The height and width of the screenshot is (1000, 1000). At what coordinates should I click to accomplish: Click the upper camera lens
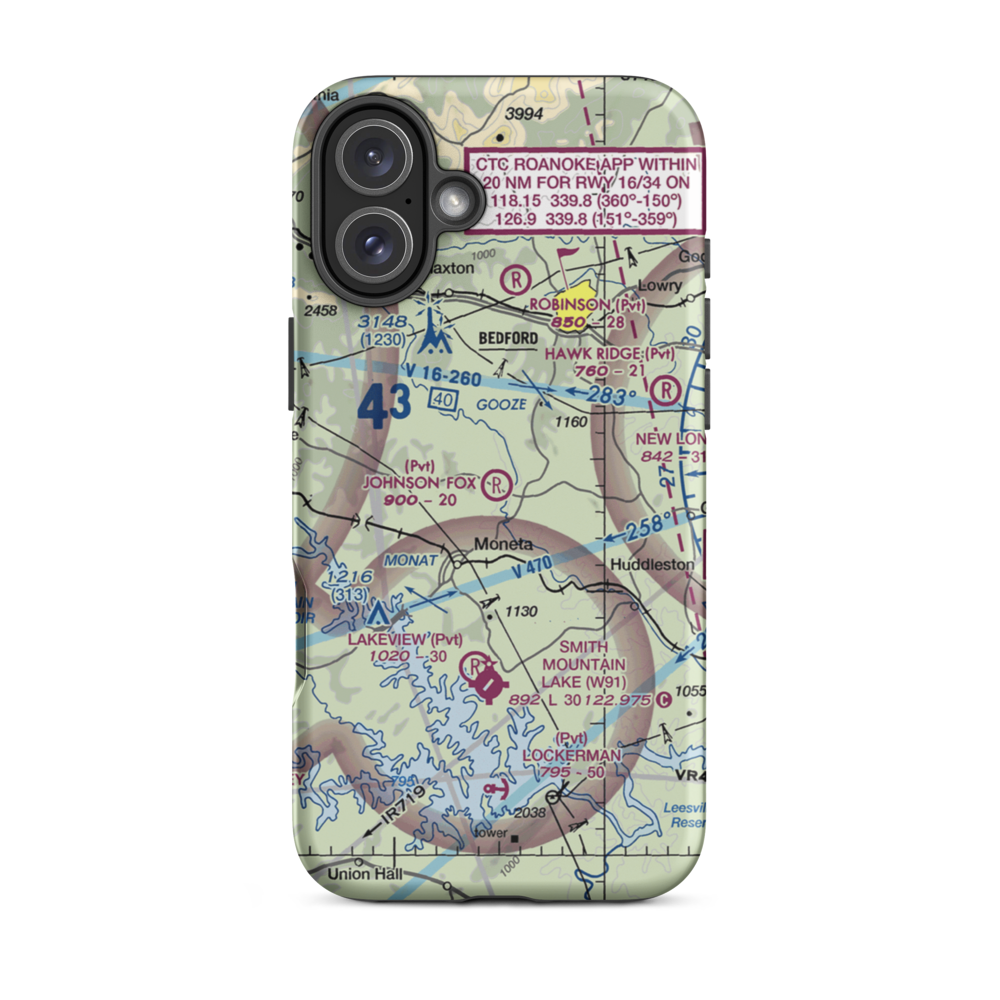(371, 159)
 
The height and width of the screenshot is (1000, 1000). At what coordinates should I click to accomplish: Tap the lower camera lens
(371, 245)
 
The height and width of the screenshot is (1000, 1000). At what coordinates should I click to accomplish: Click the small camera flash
(456, 202)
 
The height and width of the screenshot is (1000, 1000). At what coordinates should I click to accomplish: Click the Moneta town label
(503, 544)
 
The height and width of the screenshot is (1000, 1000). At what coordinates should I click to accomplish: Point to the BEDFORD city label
(508, 339)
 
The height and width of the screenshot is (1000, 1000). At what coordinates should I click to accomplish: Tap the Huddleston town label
(651, 564)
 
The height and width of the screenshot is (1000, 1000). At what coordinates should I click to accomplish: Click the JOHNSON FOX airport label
(419, 483)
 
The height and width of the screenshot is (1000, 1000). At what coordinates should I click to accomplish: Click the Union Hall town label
(365, 874)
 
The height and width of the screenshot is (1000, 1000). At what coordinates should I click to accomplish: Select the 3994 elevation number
(523, 115)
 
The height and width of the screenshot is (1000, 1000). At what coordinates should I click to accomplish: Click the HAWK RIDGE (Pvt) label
(609, 354)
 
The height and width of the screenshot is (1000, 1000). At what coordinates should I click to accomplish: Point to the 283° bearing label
(612, 398)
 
